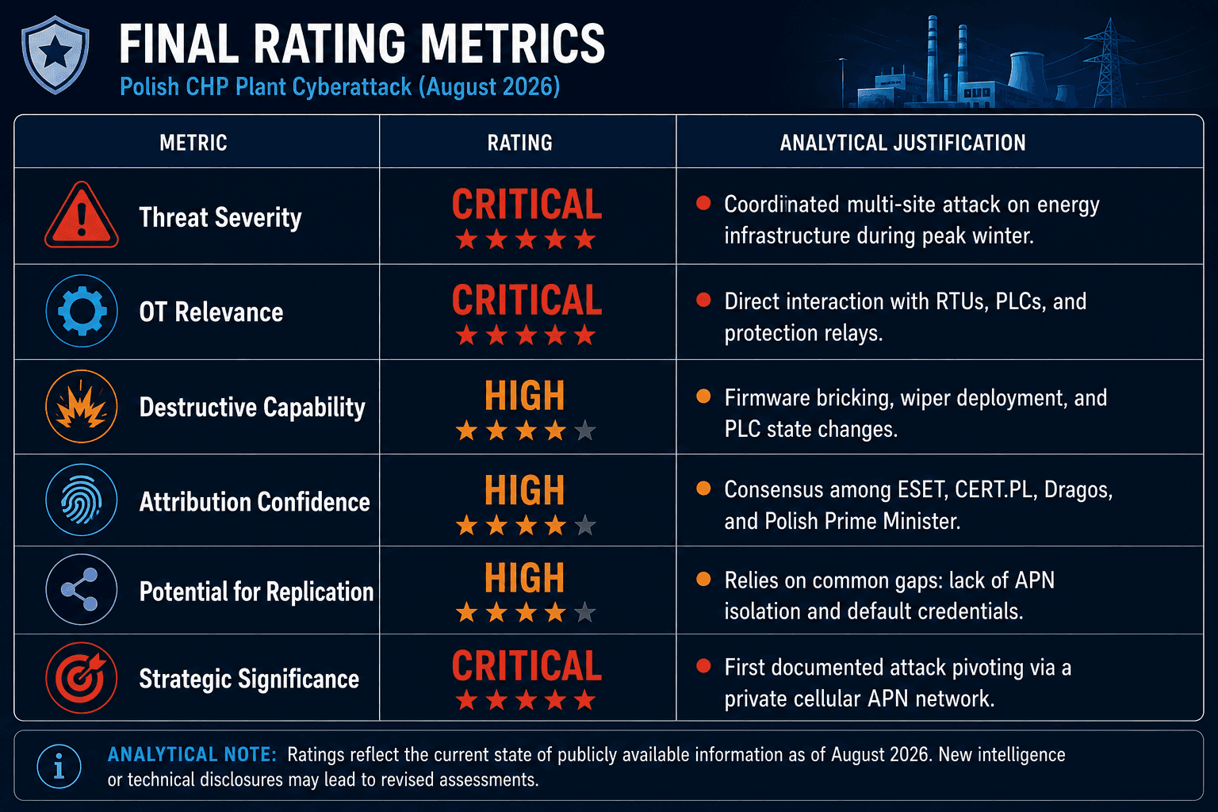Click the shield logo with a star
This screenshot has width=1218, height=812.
click(55, 55)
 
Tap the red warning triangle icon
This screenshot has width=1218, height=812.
click(82, 216)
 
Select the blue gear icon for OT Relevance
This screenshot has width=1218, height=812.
click(82, 311)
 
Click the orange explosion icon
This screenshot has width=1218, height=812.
click(82, 406)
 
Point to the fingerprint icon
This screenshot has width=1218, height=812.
click(82, 500)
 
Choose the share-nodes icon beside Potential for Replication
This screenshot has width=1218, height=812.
click(82, 589)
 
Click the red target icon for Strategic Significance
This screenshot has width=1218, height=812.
click(82, 678)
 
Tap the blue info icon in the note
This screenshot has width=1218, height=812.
click(59, 766)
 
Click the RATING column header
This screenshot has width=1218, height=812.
click(520, 143)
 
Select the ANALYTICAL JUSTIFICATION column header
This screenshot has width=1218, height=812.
click(902, 143)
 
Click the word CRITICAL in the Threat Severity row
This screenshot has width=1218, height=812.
click(527, 205)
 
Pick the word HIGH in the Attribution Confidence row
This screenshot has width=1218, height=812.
click(525, 490)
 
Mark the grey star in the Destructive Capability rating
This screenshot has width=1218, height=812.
click(585, 431)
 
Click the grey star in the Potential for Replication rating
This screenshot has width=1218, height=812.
click(585, 612)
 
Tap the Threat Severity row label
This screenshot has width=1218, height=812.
click(220, 217)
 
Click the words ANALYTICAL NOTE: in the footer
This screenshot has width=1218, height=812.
click(192, 754)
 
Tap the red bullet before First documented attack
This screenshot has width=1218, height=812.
click(703, 666)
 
